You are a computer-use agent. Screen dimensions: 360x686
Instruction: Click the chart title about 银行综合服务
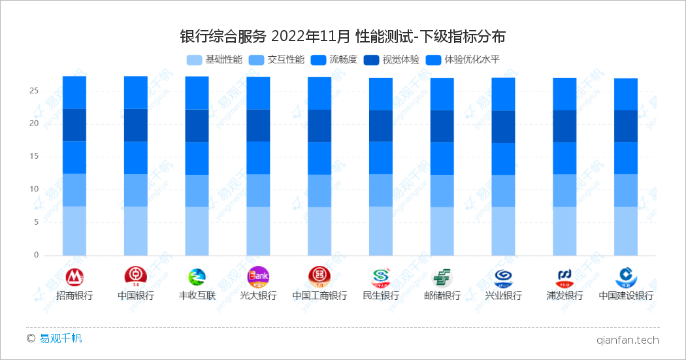(342, 36)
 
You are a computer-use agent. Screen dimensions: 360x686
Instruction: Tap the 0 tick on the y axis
(37, 255)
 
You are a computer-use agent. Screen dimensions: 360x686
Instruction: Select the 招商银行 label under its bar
(74, 295)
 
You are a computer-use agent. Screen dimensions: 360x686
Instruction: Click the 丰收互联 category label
(197, 295)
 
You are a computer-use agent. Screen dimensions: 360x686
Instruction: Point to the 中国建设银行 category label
(626, 295)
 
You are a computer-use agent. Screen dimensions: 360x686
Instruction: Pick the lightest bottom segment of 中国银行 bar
(136, 231)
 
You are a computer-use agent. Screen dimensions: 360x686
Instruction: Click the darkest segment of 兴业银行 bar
(503, 127)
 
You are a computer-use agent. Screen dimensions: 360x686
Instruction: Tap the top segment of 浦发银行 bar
(564, 94)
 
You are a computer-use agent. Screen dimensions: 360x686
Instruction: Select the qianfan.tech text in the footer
(627, 340)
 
